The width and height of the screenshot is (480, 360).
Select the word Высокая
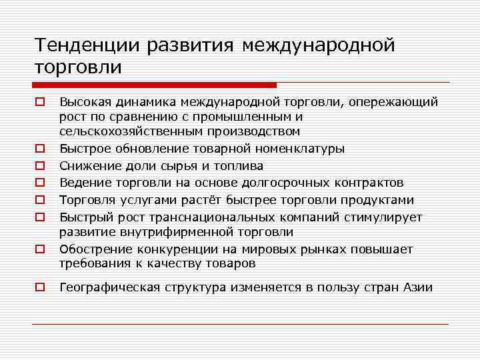[85, 102]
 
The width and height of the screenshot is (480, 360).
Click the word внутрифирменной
[166, 232]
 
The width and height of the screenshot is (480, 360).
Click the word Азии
[418, 287]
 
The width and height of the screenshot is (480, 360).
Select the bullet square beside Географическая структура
[40, 288]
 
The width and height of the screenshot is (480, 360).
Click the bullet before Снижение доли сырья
[40, 166]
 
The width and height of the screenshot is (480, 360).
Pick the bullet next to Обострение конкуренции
[40, 250]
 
